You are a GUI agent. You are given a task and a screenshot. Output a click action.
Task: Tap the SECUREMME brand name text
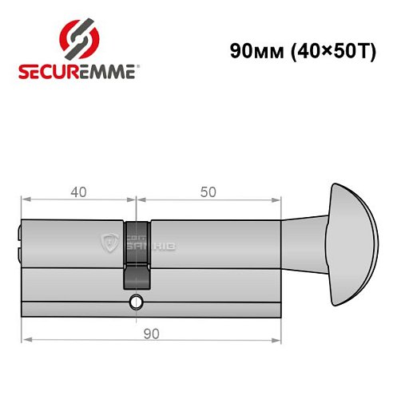tap(78, 72)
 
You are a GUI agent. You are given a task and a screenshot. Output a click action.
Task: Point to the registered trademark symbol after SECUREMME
tap(142, 67)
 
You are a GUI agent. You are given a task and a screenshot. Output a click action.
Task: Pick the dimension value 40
tap(78, 192)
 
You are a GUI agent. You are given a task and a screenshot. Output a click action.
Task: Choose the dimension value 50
tap(208, 192)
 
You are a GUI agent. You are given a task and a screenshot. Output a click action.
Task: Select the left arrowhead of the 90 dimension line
tap(25, 339)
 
